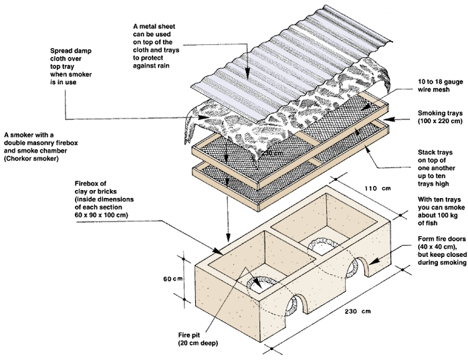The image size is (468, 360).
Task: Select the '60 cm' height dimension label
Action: click(175, 260)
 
